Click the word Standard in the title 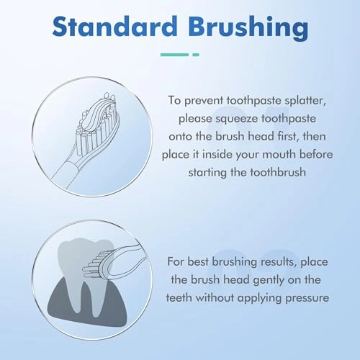coord(114,27)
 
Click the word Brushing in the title coord(248,28)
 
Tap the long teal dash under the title coord(174,55)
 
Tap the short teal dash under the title coord(196,55)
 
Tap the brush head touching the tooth coord(99,265)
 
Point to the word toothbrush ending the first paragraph coord(278,172)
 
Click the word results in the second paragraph coord(275,261)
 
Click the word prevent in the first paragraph coord(204,101)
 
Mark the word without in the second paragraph coord(215,298)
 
